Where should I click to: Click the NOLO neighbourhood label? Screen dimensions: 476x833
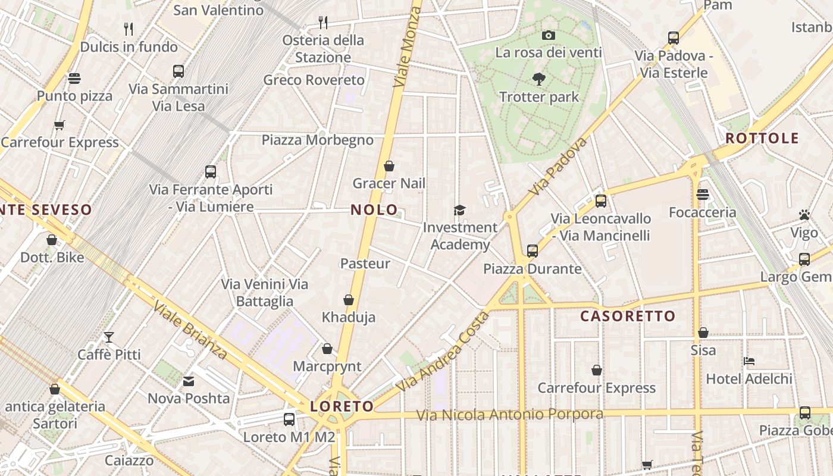pyautogui.click(x=374, y=209)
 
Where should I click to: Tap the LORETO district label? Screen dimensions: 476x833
pyautogui.click(x=342, y=406)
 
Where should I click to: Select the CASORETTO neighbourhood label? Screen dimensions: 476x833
pyautogui.click(x=628, y=316)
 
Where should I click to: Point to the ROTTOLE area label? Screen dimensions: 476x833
pyautogui.click(x=762, y=139)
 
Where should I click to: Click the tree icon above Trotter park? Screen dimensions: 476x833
pyautogui.click(x=539, y=79)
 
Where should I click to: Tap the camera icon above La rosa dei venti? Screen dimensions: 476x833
pyautogui.click(x=549, y=35)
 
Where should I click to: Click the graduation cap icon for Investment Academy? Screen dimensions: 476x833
pyautogui.click(x=459, y=210)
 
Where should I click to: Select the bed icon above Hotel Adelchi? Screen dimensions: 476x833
pyautogui.click(x=749, y=361)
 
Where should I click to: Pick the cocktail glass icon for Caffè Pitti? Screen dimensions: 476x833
pyautogui.click(x=109, y=337)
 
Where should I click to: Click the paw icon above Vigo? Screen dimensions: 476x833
pyautogui.click(x=804, y=215)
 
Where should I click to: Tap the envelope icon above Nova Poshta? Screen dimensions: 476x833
pyautogui.click(x=189, y=381)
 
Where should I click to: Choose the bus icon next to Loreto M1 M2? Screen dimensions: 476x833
pyautogui.click(x=289, y=419)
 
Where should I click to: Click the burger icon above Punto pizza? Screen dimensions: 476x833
pyautogui.click(x=74, y=78)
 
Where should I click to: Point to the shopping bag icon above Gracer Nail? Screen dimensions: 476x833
pyautogui.click(x=389, y=166)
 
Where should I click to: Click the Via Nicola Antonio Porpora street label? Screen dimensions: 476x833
pyautogui.click(x=509, y=414)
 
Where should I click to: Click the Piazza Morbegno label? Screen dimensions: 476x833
pyautogui.click(x=318, y=140)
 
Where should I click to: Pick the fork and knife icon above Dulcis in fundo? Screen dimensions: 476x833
pyautogui.click(x=128, y=28)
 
